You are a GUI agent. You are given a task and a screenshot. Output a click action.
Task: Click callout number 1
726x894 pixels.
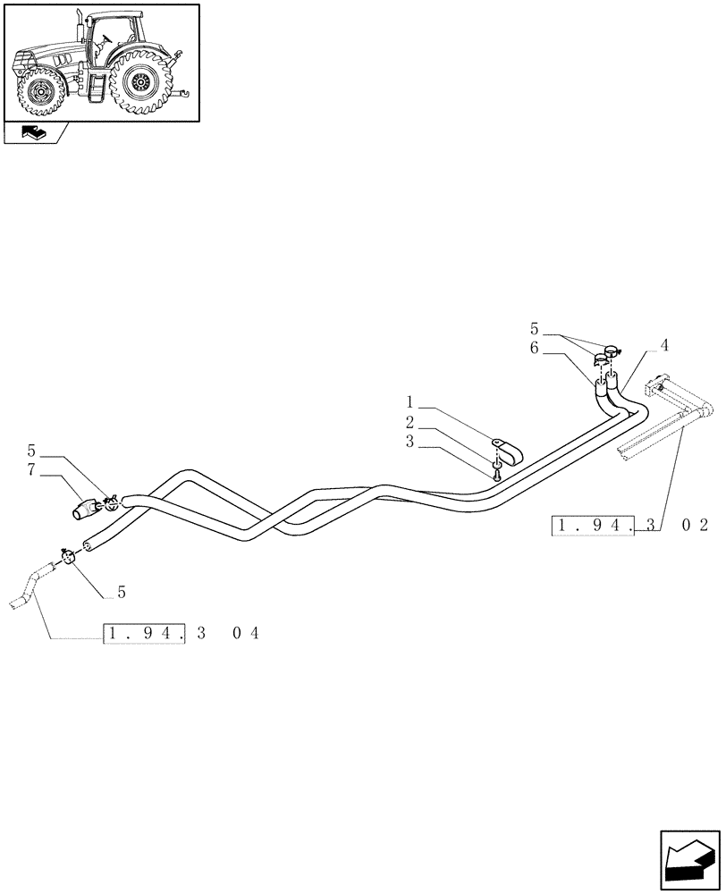409,402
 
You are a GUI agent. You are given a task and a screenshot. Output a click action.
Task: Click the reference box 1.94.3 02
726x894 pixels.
629,525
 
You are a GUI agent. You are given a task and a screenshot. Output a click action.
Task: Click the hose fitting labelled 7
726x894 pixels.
88,510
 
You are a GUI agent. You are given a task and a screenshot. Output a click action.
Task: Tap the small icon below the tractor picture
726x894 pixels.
35,134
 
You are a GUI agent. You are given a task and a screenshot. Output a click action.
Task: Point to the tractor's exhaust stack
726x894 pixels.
78,26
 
